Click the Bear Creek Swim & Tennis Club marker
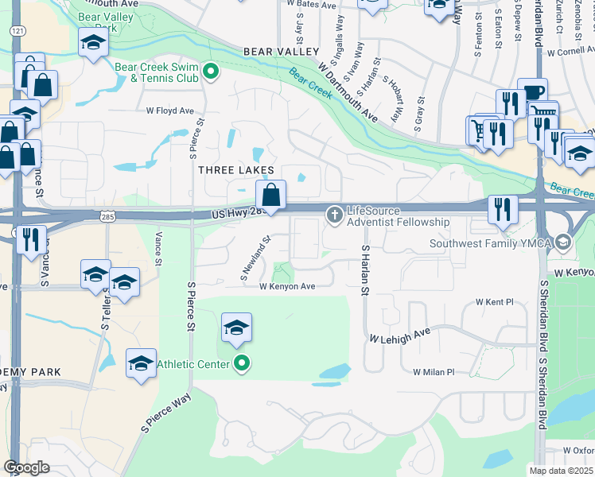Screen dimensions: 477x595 (x=211, y=72)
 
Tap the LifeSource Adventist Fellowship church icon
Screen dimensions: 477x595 (x=334, y=214)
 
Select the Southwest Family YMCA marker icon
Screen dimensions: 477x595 (x=564, y=242)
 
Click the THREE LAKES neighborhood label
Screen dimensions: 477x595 (x=235, y=170)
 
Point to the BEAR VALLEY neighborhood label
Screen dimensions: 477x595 (x=275, y=52)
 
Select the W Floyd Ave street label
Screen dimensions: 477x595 (x=169, y=111)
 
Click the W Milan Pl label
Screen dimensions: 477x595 (x=433, y=372)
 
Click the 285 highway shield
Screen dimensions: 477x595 (x=108, y=215)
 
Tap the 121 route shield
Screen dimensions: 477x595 (x=16, y=29)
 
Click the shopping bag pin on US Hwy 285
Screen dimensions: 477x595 (x=270, y=194)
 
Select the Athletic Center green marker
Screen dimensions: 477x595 (x=242, y=365)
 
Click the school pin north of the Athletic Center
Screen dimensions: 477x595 (x=236, y=328)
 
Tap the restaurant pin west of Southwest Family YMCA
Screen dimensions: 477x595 (x=502, y=209)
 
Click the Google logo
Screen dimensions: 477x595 (x=27, y=467)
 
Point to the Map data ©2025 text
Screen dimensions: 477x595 (x=562, y=471)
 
